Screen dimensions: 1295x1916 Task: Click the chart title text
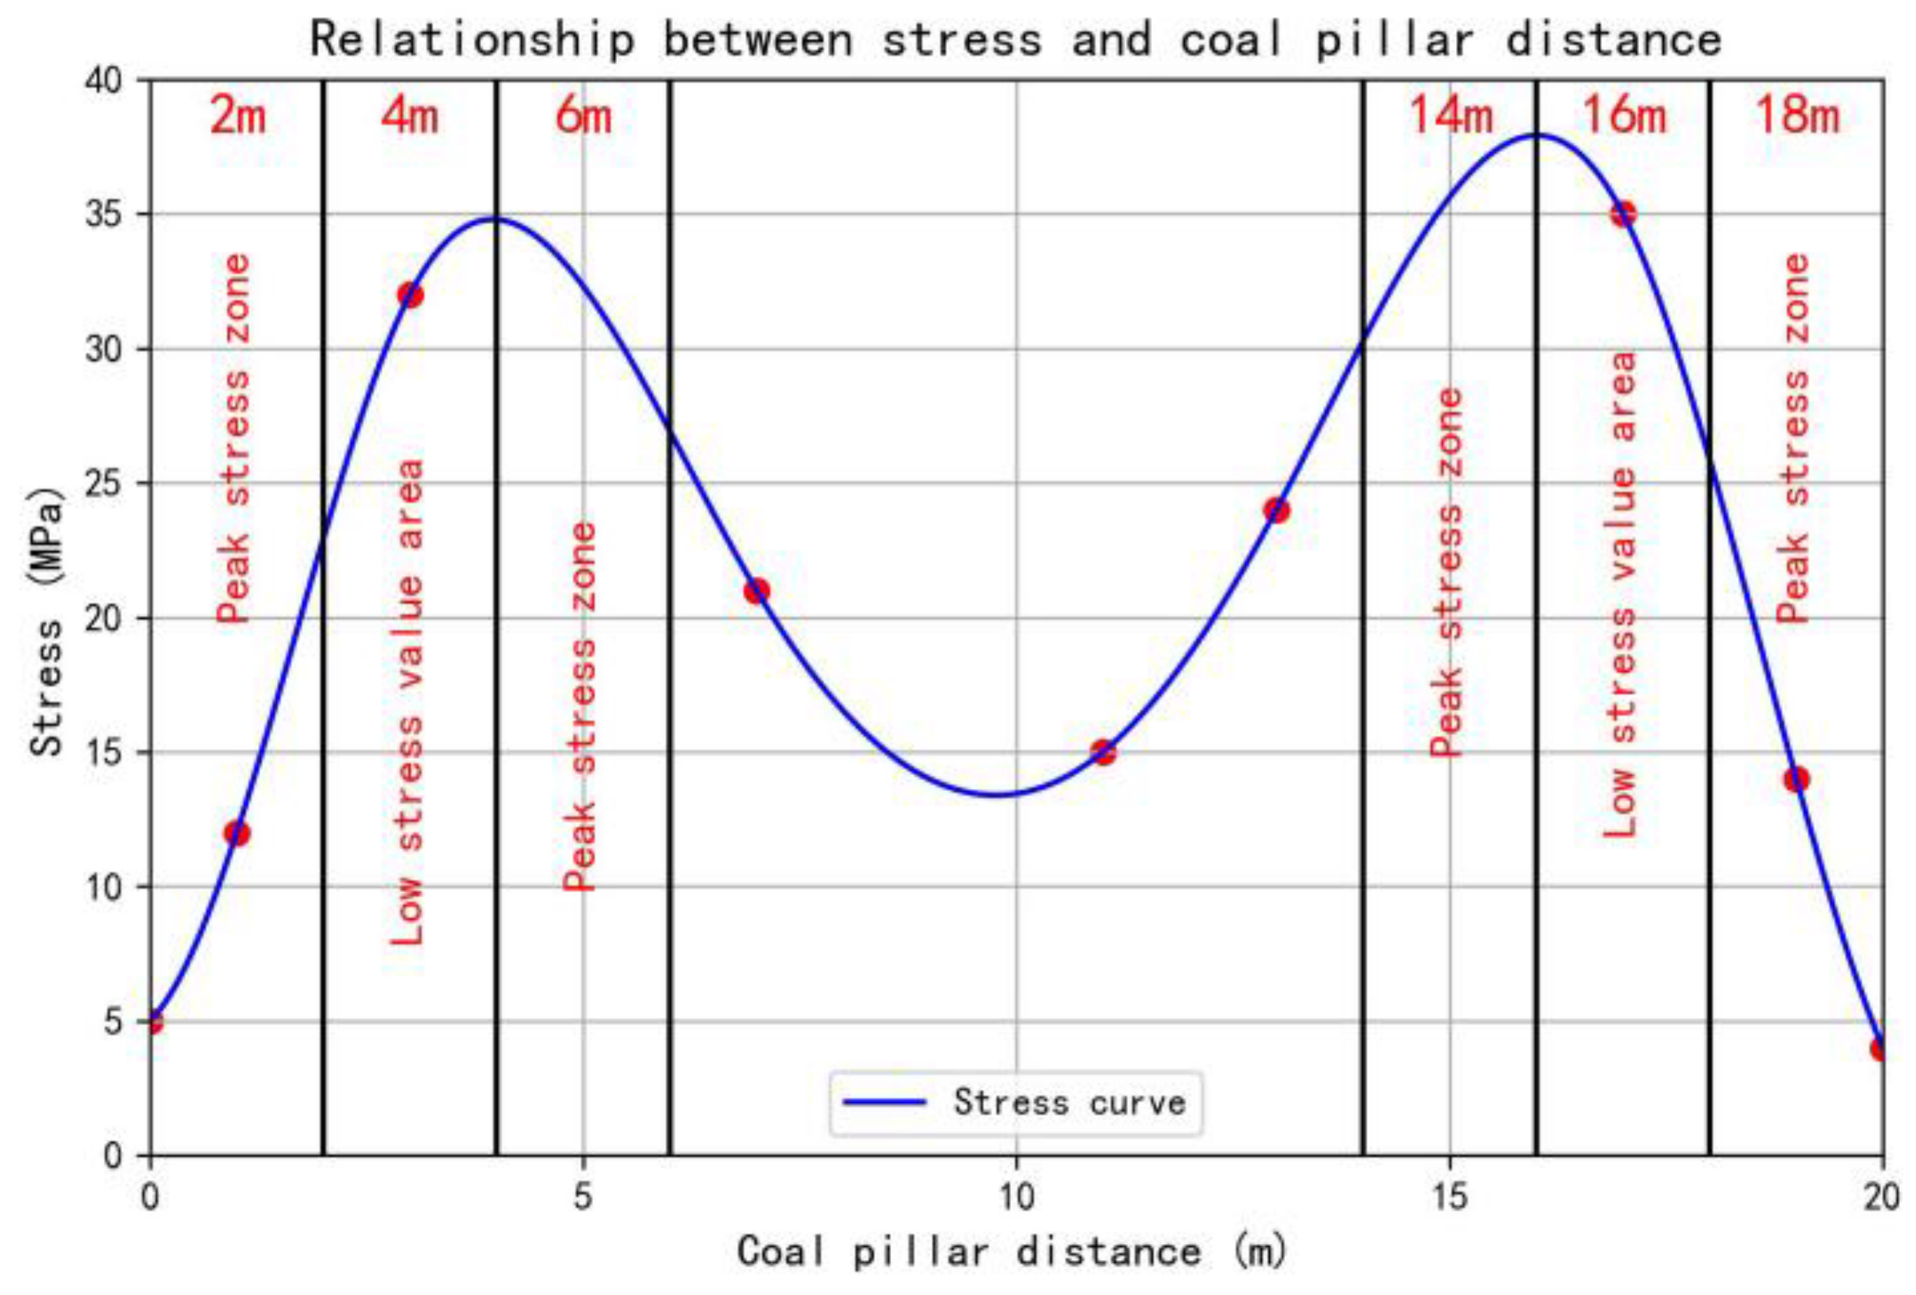[1015, 39]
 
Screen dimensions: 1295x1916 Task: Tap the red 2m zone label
[238, 115]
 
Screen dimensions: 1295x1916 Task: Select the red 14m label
[1450, 115]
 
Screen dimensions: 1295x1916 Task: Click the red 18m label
[1796, 115]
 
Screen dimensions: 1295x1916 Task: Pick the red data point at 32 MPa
[409, 294]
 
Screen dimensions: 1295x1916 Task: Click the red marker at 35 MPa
[1622, 214]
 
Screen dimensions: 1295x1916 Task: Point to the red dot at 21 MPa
[756, 590]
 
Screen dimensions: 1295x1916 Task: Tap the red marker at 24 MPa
[1276, 510]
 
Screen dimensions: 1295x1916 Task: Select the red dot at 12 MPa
[237, 833]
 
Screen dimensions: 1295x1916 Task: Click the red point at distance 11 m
[1103, 752]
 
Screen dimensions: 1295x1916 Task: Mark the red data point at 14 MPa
[1796, 779]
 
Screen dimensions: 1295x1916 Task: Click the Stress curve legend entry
[1015, 1103]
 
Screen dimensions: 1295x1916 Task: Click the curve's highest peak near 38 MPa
[1535, 135]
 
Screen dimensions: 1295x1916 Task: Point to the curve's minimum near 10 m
[998, 795]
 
